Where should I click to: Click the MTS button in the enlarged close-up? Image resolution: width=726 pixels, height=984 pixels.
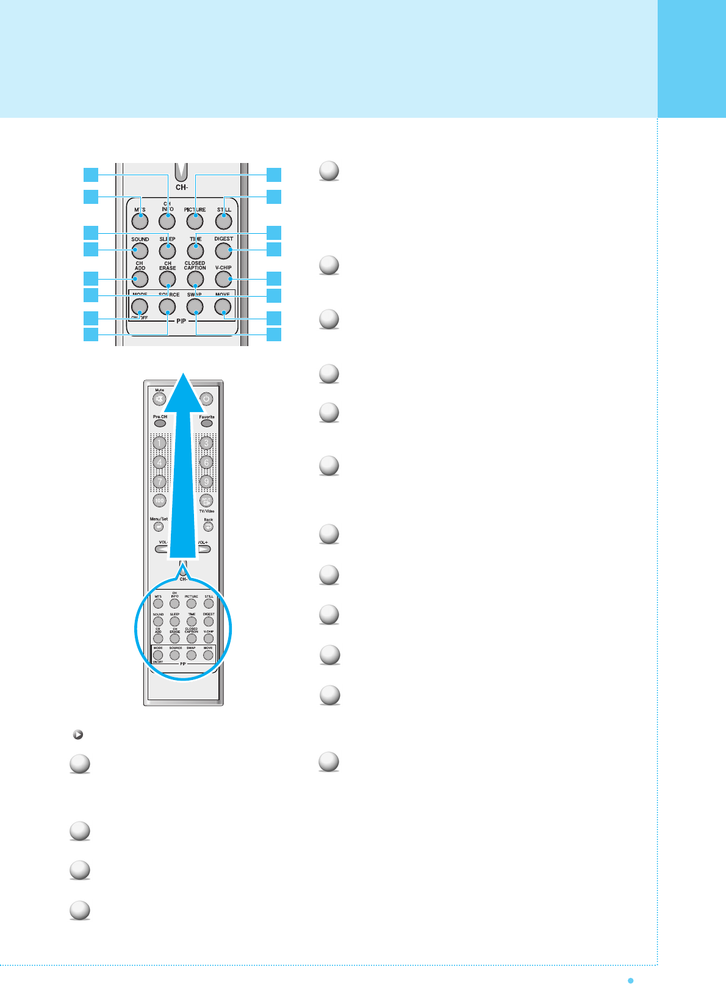(x=140, y=220)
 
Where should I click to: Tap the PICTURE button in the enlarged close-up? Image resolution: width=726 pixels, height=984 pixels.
(x=195, y=220)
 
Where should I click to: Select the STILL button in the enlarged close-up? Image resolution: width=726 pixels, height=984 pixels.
(x=224, y=220)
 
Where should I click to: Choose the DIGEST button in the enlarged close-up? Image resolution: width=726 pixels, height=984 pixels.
(x=224, y=250)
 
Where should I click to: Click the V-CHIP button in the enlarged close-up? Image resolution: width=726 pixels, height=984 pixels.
(x=224, y=279)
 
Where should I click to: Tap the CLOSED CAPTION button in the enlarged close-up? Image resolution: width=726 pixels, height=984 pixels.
(x=195, y=279)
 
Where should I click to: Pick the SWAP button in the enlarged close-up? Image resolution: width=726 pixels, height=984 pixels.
(x=195, y=306)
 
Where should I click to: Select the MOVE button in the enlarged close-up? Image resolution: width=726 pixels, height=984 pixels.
(x=223, y=306)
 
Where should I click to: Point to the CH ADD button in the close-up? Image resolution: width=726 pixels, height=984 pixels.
(x=140, y=279)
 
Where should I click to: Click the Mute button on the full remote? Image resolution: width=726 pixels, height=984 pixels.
(x=159, y=399)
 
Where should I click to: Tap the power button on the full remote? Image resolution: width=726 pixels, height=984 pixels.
(x=207, y=399)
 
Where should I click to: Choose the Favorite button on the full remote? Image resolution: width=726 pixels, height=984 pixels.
(x=207, y=423)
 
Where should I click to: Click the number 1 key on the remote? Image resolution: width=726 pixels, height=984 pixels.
(x=159, y=443)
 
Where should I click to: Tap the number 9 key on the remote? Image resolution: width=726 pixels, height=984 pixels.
(x=206, y=482)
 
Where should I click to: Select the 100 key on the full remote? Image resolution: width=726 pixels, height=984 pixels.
(x=159, y=501)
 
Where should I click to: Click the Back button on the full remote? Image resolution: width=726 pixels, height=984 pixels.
(x=208, y=527)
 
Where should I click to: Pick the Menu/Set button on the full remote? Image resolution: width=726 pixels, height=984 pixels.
(x=159, y=527)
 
